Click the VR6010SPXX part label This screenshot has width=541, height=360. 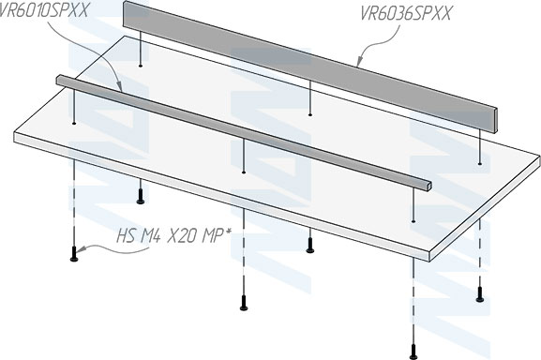click(43, 9)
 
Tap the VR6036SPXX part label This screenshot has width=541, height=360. click(406, 14)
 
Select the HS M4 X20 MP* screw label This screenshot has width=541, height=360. click(173, 236)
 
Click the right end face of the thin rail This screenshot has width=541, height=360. click(428, 186)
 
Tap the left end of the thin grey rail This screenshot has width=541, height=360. click(59, 80)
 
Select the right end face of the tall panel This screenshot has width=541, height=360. click(496, 120)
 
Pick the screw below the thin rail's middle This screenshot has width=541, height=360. click(244, 303)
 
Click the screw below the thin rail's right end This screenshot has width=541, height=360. click(413, 352)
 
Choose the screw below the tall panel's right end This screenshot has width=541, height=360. click(479, 294)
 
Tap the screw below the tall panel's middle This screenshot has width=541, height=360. click(310, 246)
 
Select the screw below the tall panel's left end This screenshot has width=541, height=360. click(140, 196)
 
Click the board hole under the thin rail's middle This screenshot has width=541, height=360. click(244, 172)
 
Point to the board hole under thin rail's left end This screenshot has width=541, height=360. click(74, 123)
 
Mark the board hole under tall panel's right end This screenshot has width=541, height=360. click(479, 163)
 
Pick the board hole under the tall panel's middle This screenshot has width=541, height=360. click(310, 114)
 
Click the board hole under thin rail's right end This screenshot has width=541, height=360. click(413, 221)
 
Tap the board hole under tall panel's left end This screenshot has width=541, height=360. click(140, 66)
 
